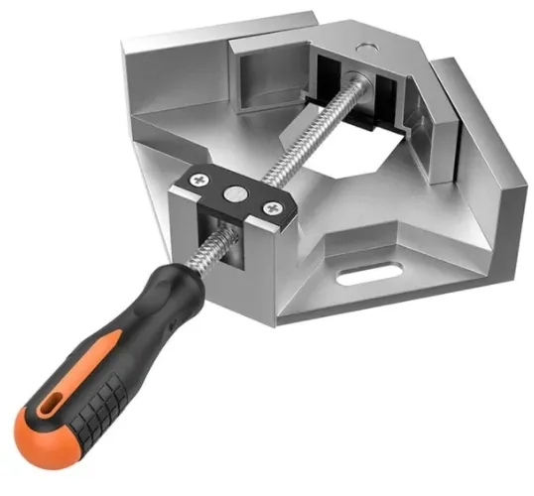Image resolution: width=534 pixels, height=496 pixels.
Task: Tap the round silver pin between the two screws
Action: coord(236,194)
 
